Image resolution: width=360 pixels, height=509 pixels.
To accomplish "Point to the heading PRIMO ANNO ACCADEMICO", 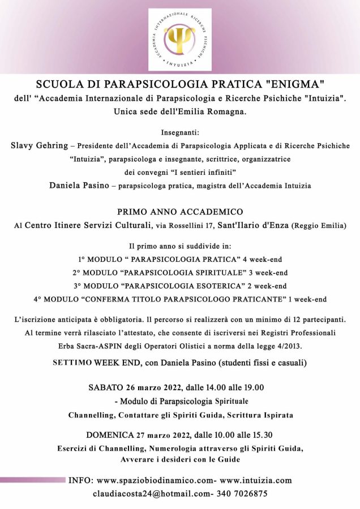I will click(180, 212).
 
